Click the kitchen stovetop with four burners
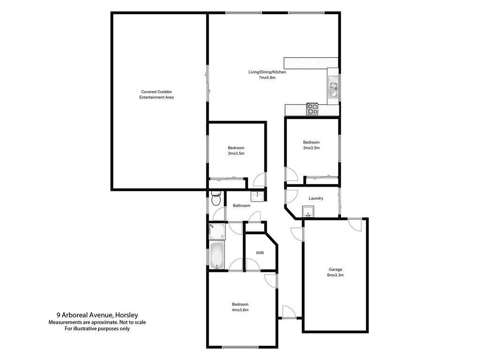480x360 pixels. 312,109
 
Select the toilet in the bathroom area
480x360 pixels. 216,199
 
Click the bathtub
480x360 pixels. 216,256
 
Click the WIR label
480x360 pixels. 260,253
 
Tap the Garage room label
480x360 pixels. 335,270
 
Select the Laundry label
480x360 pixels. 316,198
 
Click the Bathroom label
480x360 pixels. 242,205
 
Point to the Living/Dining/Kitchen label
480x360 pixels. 267,72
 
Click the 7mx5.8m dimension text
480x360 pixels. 267,78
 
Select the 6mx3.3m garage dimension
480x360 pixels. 335,275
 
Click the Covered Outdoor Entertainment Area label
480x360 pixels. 157,94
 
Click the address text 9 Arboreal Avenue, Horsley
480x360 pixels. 97,315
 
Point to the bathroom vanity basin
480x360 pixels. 258,195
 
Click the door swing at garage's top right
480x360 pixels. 355,224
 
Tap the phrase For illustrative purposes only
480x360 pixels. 97,329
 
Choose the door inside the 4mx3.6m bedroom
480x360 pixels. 271,280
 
